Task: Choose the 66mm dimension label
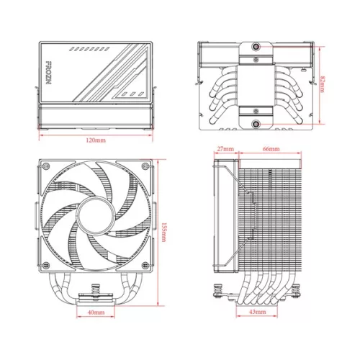coord(271,149)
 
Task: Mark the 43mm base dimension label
coord(256,312)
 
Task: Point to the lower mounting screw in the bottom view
coord(256,124)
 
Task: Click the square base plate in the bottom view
coord(256,85)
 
